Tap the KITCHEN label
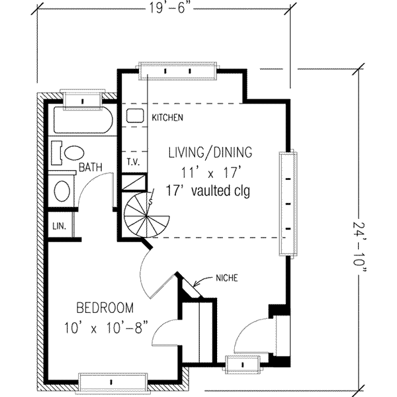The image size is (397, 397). pyautogui.click(x=167, y=118)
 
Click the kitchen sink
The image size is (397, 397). pyautogui.click(x=135, y=116)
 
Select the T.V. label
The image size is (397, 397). pyautogui.click(x=134, y=162)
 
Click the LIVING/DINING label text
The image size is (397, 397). pyautogui.click(x=210, y=152)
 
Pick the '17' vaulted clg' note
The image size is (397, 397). pyautogui.click(x=208, y=191)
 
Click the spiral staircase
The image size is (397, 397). pyautogui.click(x=147, y=215)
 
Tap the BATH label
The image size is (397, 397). pyautogui.click(x=91, y=167)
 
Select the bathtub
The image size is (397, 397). pyautogui.click(x=83, y=120)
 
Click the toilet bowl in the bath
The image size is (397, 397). pyautogui.click(x=74, y=153)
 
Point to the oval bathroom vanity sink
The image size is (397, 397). pyautogui.click(x=62, y=191)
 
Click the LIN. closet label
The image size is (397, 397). pyautogui.click(x=60, y=226)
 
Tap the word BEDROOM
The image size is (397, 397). pyautogui.click(x=105, y=308)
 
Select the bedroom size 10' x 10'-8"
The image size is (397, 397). pyautogui.click(x=106, y=328)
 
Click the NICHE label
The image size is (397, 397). pyautogui.click(x=227, y=279)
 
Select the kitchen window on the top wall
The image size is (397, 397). pyautogui.click(x=177, y=71)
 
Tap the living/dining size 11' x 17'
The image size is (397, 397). pyautogui.click(x=210, y=173)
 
